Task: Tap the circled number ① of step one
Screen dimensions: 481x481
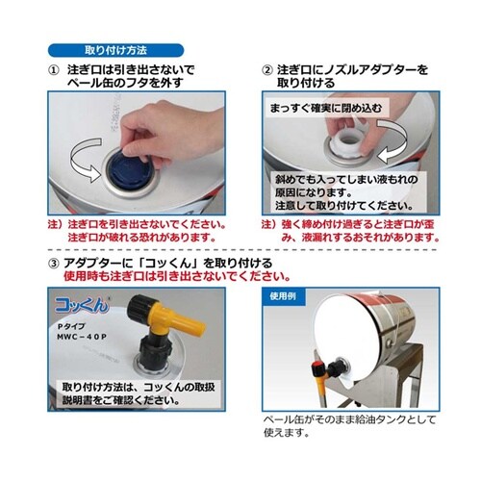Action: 54,70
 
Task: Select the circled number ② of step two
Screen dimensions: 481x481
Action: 267,70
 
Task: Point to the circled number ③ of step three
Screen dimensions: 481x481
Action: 54,263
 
